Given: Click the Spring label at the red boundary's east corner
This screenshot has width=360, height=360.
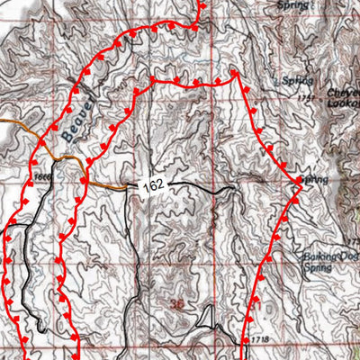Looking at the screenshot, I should click(x=314, y=180).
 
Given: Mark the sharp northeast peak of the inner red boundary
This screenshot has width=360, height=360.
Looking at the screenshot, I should click(x=236, y=73).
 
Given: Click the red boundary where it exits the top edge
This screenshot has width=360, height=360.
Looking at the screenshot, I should click(x=200, y=3).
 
